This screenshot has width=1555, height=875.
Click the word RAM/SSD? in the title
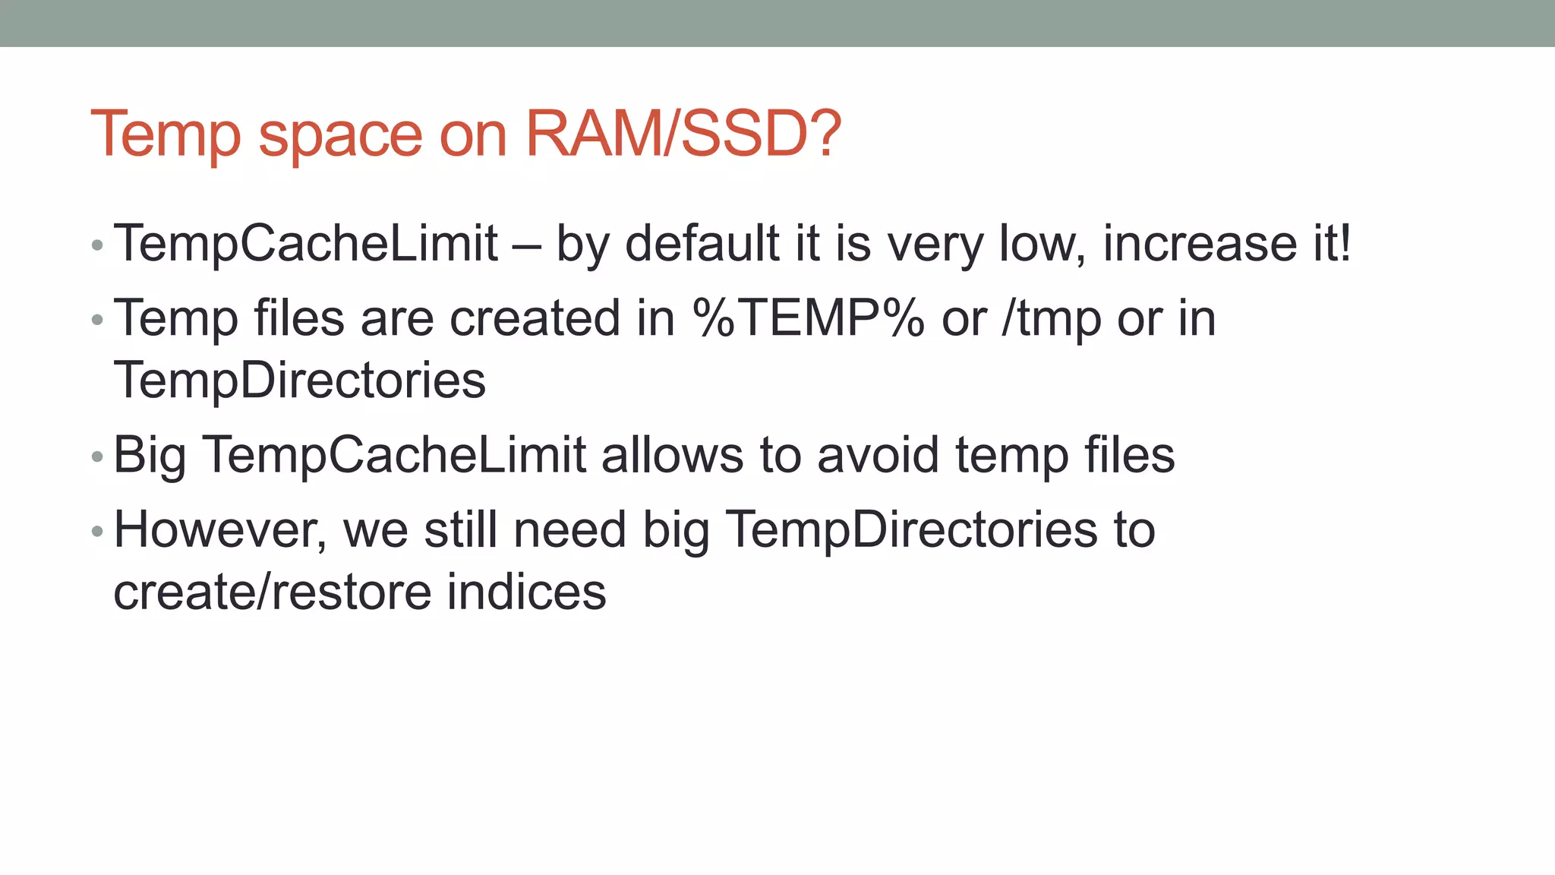pos(683,134)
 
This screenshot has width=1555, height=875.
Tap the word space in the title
pos(340,137)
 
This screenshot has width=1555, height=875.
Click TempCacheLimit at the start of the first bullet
pos(306,243)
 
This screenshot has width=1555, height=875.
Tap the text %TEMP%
pos(808,317)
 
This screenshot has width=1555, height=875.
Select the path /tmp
pos(1051,319)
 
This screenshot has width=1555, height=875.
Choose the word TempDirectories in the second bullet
pos(299,380)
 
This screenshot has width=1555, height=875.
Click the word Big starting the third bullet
pos(150,456)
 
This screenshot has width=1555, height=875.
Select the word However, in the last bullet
pos(220,530)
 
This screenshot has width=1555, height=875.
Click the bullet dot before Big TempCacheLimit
pos(96,457)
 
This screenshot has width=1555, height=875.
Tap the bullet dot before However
pos(96,532)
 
